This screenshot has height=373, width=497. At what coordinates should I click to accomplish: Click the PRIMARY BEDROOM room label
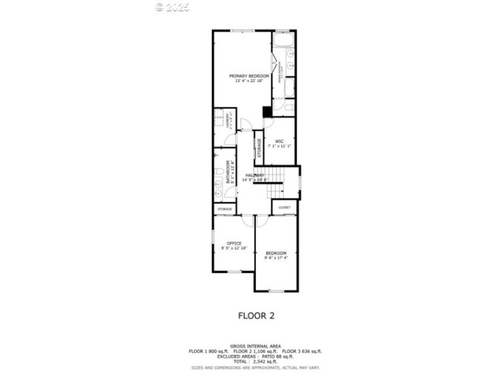244,75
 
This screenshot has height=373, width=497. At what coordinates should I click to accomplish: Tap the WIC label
279,140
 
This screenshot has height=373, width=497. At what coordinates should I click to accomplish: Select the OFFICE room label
234,243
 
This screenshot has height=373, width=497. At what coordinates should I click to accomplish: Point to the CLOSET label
285,208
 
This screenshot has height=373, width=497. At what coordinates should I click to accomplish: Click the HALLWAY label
255,175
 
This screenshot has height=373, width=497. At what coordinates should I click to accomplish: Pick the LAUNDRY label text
229,119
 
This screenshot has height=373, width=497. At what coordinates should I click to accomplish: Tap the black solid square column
267,112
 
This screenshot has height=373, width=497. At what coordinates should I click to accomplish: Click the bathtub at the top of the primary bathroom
284,41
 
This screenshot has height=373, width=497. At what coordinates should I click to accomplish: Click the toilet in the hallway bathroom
218,172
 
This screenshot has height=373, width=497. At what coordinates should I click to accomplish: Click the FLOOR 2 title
256,315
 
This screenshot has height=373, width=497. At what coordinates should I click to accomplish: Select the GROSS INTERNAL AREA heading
255,346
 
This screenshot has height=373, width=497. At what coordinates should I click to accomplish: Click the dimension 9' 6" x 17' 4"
276,258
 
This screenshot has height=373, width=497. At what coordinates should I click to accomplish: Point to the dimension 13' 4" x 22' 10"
244,81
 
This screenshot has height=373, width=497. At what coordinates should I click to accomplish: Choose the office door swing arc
247,221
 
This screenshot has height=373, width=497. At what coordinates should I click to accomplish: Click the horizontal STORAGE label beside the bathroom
224,210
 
